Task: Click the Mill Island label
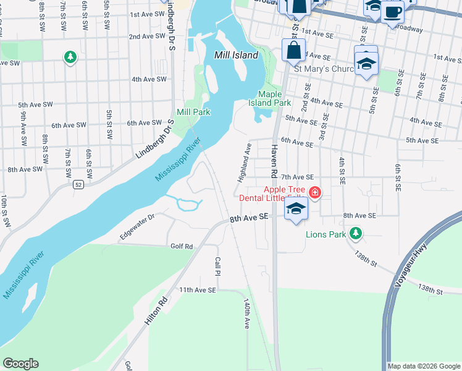click(x=236, y=55)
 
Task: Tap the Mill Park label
click(x=193, y=112)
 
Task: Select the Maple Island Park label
click(x=274, y=98)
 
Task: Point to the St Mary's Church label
click(x=323, y=69)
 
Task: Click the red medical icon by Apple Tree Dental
click(x=316, y=194)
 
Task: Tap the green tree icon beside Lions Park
click(x=355, y=233)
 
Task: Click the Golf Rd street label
click(x=182, y=246)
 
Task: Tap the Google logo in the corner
click(x=20, y=364)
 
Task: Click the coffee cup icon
click(x=392, y=11)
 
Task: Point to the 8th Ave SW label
click(x=25, y=169)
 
